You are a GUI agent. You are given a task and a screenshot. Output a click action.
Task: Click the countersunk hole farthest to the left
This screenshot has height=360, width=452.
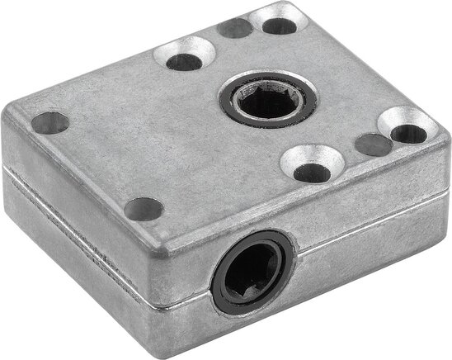[x=182, y=59]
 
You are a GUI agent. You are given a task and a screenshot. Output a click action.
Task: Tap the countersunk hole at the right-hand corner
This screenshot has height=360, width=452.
[x=407, y=130]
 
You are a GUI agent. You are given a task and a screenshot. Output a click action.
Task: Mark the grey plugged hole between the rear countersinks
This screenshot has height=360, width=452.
[x=236, y=27]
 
